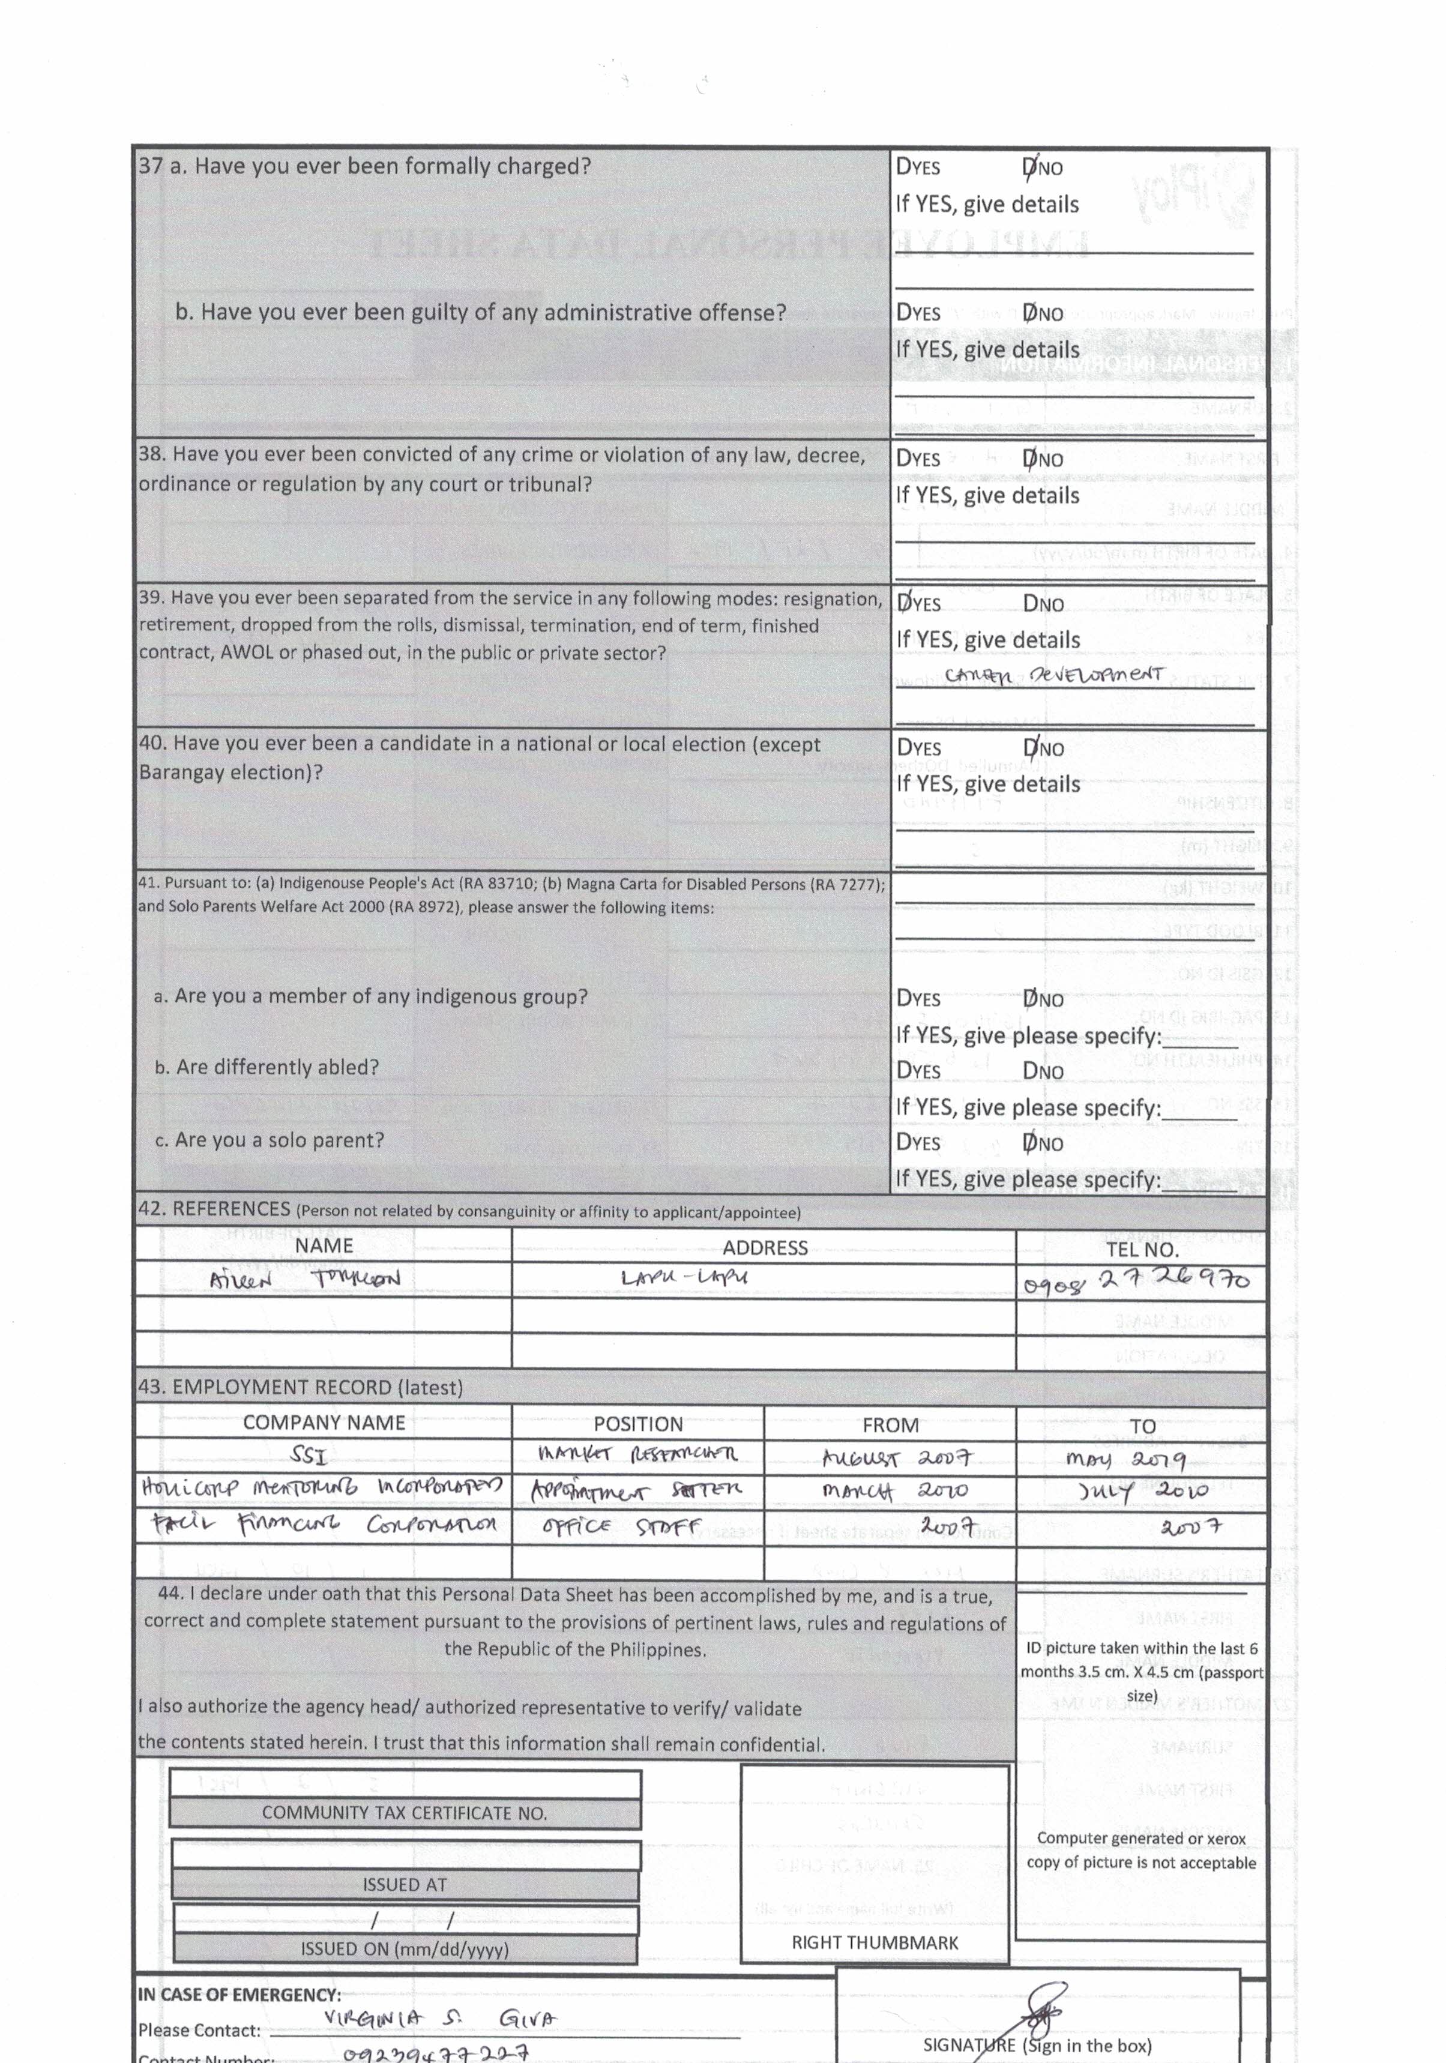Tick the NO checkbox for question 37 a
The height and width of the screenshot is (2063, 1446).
[x=1029, y=168]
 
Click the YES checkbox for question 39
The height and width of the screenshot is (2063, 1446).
[x=903, y=604]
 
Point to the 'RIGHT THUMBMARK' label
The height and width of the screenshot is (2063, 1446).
[x=875, y=1942]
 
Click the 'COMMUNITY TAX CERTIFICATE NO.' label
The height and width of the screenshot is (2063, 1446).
[x=405, y=1813]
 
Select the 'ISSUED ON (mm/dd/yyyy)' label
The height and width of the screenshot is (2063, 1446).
[x=405, y=1949]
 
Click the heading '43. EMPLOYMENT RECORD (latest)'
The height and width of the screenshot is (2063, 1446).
[x=300, y=1387]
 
